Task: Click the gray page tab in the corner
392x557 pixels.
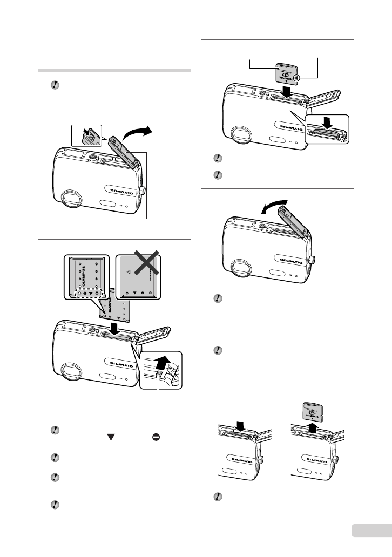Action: coord(369,531)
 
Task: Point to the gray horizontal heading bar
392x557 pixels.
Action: coord(115,70)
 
